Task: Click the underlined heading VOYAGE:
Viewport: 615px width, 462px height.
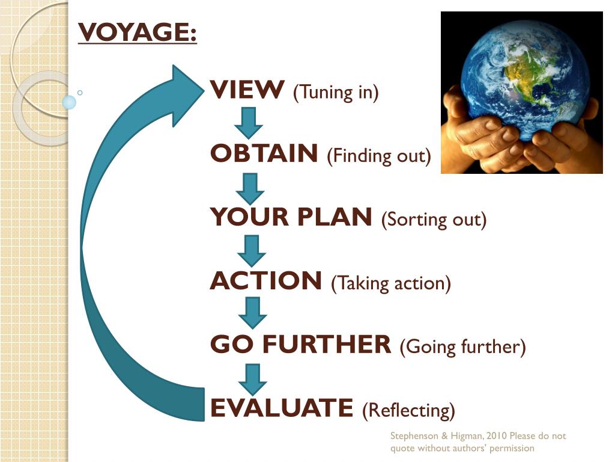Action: (x=138, y=32)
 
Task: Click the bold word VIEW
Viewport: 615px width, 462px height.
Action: (x=247, y=91)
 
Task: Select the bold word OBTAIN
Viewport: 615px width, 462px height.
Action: (x=264, y=155)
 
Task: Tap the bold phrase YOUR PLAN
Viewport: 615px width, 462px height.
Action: (x=291, y=218)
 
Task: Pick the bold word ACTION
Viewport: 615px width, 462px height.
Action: (x=266, y=282)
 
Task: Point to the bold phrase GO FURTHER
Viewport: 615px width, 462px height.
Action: (x=300, y=345)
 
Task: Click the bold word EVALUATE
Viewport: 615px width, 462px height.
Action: (x=281, y=408)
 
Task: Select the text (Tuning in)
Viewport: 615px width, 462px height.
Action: (x=336, y=93)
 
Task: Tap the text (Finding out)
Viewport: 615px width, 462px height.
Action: (x=379, y=156)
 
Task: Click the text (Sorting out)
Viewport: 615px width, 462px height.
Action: (x=434, y=220)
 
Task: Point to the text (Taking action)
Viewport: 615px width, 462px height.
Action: (x=390, y=283)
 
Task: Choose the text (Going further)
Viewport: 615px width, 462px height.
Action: (x=462, y=347)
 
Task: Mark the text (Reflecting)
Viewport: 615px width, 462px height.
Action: (x=408, y=411)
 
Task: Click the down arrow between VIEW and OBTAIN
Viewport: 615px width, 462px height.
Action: (x=248, y=122)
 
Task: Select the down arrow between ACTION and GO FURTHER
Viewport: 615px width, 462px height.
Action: (x=252, y=313)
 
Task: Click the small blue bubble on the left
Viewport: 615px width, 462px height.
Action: (x=70, y=102)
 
